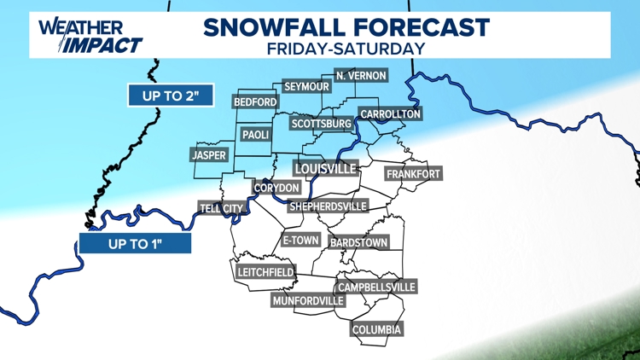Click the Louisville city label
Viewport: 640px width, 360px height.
pos(325,168)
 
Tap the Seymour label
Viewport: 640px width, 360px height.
pos(306,87)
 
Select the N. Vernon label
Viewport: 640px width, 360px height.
pos(361,76)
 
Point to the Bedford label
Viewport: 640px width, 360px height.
pos(255,102)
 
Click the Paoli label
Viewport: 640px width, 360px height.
pos(256,135)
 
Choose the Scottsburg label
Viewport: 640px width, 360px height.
pos(321,124)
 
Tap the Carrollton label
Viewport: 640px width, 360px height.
pos(390,113)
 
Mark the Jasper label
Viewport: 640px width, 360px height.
pos(209,155)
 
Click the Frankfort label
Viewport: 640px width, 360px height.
pos(413,174)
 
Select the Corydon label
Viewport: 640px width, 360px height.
pos(276,188)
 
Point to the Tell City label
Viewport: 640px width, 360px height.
pos(221,208)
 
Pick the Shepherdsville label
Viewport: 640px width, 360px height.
pos(328,206)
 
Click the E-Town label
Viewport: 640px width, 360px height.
pos(300,241)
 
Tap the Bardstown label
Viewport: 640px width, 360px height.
pos(358,243)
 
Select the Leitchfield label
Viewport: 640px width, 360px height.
pos(265,273)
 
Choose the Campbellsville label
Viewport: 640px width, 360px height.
pos(376,287)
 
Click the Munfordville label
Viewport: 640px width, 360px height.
pos(308,301)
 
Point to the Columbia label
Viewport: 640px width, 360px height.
pos(376,329)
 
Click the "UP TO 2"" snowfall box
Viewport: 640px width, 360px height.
pos(171,95)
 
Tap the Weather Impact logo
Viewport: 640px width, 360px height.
pos(90,35)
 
